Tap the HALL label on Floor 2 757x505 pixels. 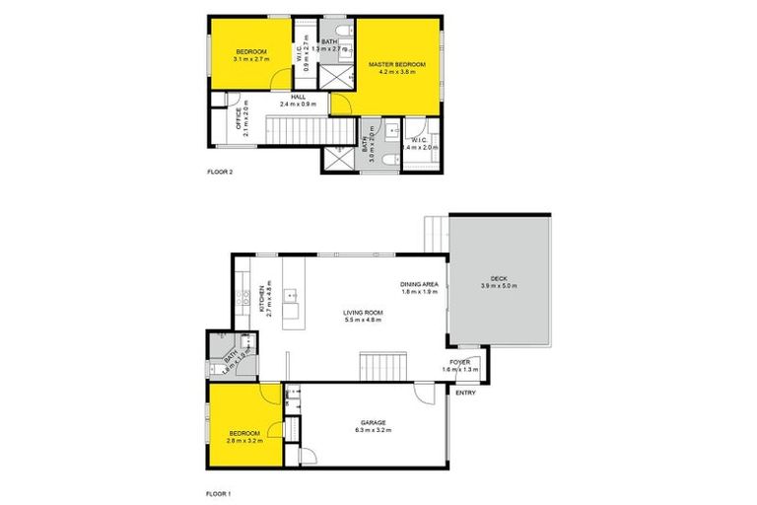298,97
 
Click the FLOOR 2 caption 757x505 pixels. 219,172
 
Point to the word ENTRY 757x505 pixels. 464,392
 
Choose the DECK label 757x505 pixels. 498,278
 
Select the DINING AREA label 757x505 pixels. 418,285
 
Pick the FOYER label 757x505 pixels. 460,361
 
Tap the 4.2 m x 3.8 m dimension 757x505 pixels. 397,73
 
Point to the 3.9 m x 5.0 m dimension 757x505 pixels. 498,286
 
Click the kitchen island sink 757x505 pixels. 292,294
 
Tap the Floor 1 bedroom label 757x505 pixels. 244,433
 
